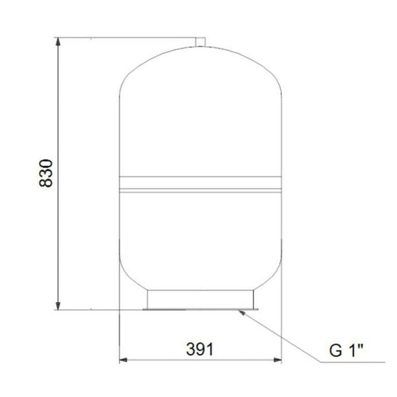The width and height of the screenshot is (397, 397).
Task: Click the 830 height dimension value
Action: pyautogui.click(x=46, y=174)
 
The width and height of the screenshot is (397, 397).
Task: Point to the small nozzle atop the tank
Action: pyautogui.click(x=201, y=42)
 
